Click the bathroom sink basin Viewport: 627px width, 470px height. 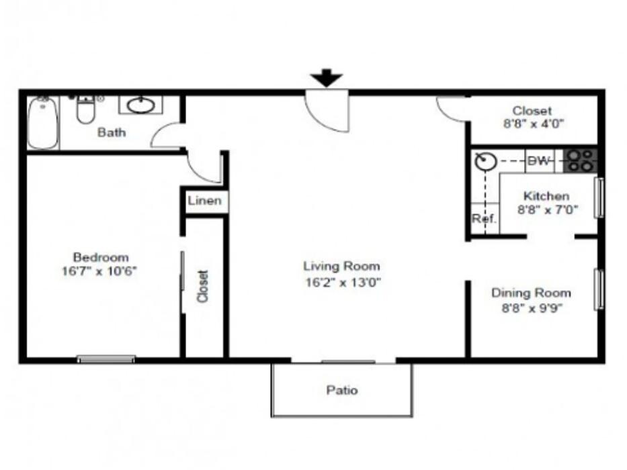[x=140, y=105]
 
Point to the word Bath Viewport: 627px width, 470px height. [x=112, y=132]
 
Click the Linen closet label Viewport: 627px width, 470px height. [x=204, y=201]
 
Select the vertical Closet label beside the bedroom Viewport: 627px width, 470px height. [x=204, y=286]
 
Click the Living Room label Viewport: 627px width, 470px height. [x=341, y=266]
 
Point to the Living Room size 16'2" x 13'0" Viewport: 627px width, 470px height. [x=342, y=282]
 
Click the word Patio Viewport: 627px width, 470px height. [x=342, y=390]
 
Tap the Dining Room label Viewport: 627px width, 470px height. [x=531, y=293]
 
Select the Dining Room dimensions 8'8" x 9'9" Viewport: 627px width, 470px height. [x=531, y=309]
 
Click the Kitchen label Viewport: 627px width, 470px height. [x=546, y=196]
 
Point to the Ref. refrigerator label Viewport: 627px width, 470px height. [x=483, y=218]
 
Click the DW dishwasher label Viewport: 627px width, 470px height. [x=539, y=161]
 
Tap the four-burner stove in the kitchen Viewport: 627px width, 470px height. [x=580, y=160]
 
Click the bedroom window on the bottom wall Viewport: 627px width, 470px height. [x=106, y=359]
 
